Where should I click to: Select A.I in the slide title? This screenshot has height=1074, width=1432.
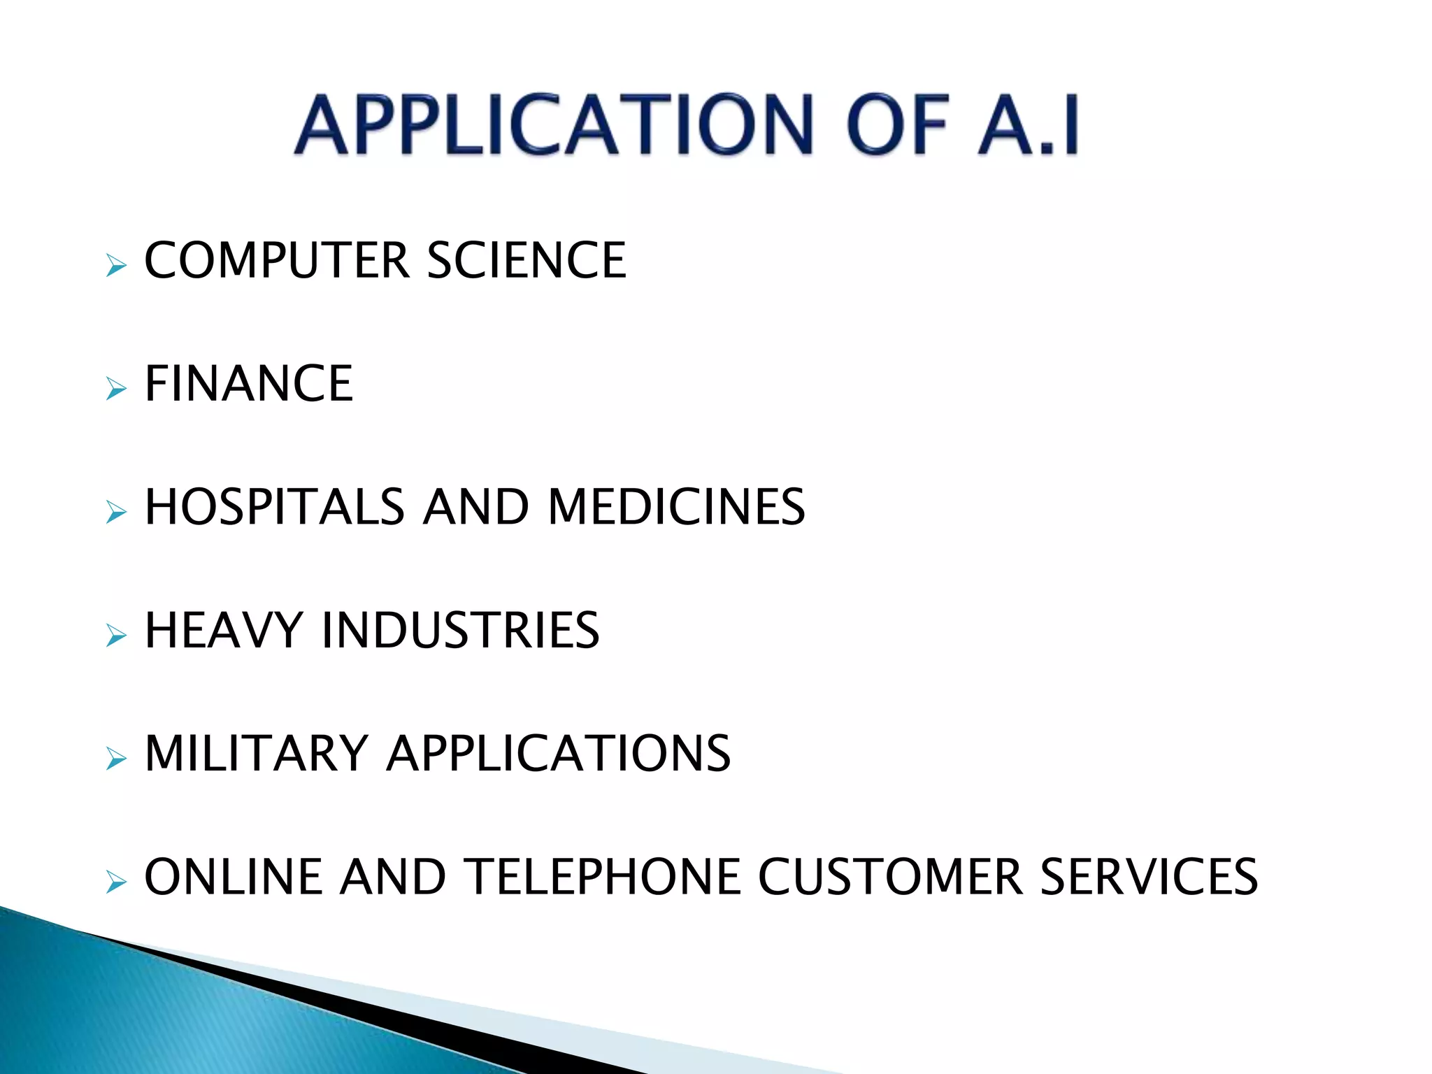click(1029, 125)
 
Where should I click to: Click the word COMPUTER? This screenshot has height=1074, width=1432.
click(276, 260)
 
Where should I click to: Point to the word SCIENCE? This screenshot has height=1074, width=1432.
click(526, 260)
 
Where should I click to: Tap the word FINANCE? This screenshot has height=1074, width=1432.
click(249, 384)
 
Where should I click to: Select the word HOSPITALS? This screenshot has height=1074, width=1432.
click(275, 507)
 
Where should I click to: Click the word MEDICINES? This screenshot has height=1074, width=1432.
click(676, 507)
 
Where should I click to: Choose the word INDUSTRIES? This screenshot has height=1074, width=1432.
click(460, 630)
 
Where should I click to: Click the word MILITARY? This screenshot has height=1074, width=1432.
click(256, 754)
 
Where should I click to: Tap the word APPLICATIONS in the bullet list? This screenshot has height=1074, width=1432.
click(559, 754)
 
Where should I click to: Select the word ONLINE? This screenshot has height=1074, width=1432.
click(234, 877)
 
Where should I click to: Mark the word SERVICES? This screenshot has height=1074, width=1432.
click(1149, 877)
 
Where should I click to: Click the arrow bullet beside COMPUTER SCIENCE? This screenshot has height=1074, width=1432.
click(116, 266)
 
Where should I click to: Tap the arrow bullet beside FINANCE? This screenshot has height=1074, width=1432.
click(116, 389)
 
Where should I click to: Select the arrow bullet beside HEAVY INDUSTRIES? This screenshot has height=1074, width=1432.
click(116, 636)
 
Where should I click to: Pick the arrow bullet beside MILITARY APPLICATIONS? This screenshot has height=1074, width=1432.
click(116, 759)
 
